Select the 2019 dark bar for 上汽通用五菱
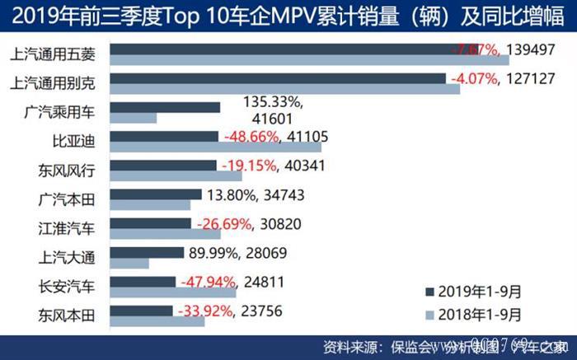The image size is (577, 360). tap(280, 49)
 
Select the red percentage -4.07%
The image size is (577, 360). tap(471, 79)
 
